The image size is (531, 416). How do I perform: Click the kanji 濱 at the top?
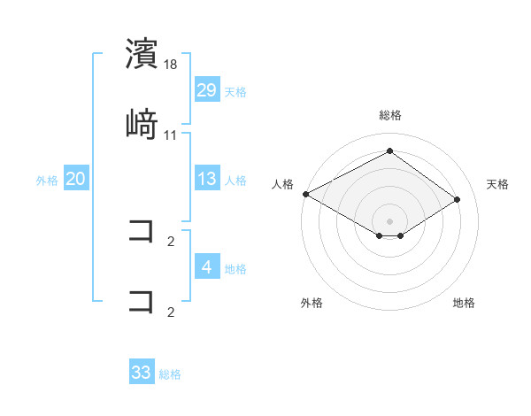[x=142, y=54]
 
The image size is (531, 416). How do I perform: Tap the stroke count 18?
[x=171, y=65]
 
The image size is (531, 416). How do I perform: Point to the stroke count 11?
[x=171, y=135]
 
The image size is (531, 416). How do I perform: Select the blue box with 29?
[x=207, y=89]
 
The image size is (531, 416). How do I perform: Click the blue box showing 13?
[x=207, y=179]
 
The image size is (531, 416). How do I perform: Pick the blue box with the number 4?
[x=207, y=266]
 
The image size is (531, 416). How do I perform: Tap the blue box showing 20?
[x=76, y=179]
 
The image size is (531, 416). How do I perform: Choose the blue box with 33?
[x=142, y=373]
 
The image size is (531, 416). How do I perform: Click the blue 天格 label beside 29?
[x=235, y=91]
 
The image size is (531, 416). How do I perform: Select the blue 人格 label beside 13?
[x=235, y=180]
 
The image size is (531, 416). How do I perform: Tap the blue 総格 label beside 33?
[x=170, y=374]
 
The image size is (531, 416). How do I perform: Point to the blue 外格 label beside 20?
[x=47, y=180]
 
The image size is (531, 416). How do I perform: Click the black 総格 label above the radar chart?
[x=390, y=115]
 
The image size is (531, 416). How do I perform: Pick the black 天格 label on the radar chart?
[x=498, y=184]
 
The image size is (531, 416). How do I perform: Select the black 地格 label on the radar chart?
[x=464, y=303]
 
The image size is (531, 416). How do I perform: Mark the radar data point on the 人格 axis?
[x=305, y=193]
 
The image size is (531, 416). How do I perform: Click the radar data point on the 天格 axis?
[x=458, y=199]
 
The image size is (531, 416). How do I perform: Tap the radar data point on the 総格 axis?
[x=390, y=151]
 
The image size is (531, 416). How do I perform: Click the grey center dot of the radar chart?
[x=390, y=220]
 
